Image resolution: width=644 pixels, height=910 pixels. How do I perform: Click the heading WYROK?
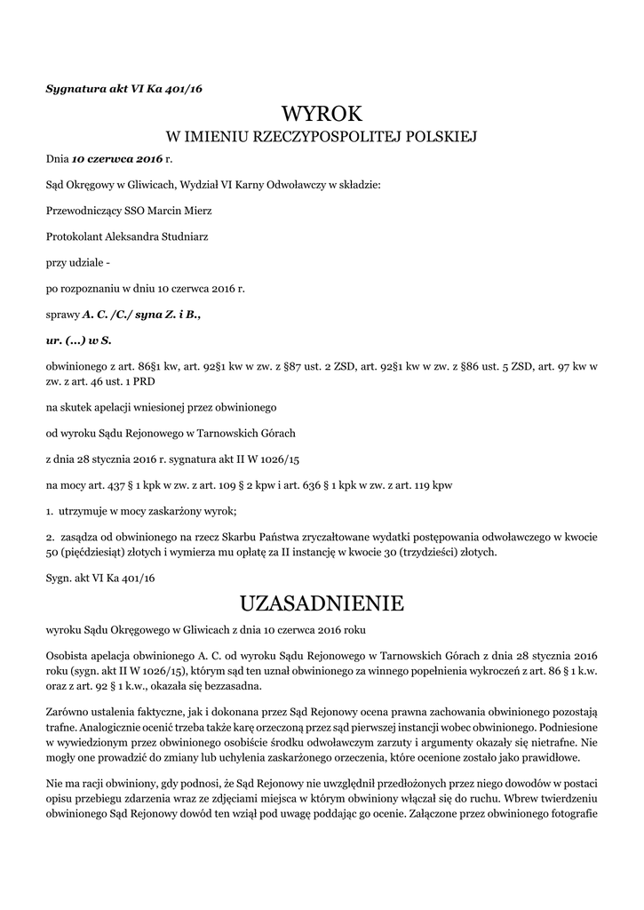[x=322, y=114]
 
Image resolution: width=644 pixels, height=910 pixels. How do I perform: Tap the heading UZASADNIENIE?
[x=322, y=604]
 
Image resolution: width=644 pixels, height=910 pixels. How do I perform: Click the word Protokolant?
[x=74, y=236]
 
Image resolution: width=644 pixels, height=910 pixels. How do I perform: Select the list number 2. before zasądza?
[x=50, y=536]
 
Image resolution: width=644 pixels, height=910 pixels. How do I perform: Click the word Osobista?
[x=68, y=655]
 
